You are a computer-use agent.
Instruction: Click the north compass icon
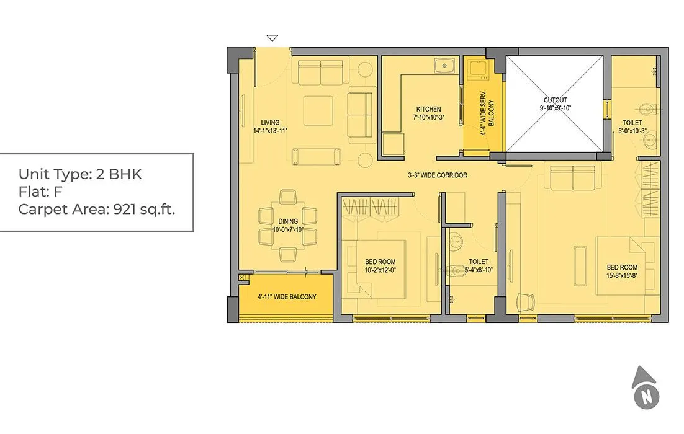click(x=646, y=387)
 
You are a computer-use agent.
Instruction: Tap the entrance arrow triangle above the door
click(x=272, y=38)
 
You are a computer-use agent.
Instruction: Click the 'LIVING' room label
click(x=270, y=122)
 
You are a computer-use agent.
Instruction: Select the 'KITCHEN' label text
click(x=428, y=109)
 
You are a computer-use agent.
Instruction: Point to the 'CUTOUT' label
click(x=555, y=100)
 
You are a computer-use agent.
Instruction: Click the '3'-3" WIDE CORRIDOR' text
click(x=438, y=175)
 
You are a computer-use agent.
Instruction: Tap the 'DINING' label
click(x=288, y=221)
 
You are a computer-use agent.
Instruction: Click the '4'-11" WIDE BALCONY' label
click(x=287, y=297)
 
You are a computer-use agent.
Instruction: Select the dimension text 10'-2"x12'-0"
click(x=380, y=270)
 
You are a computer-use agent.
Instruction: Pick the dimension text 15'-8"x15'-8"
click(x=622, y=276)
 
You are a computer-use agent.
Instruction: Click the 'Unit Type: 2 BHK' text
click(x=80, y=174)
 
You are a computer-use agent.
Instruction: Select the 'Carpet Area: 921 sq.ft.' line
click(x=97, y=209)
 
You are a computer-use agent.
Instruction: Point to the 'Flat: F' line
click(x=41, y=192)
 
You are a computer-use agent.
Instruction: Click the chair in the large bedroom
click(x=525, y=301)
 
